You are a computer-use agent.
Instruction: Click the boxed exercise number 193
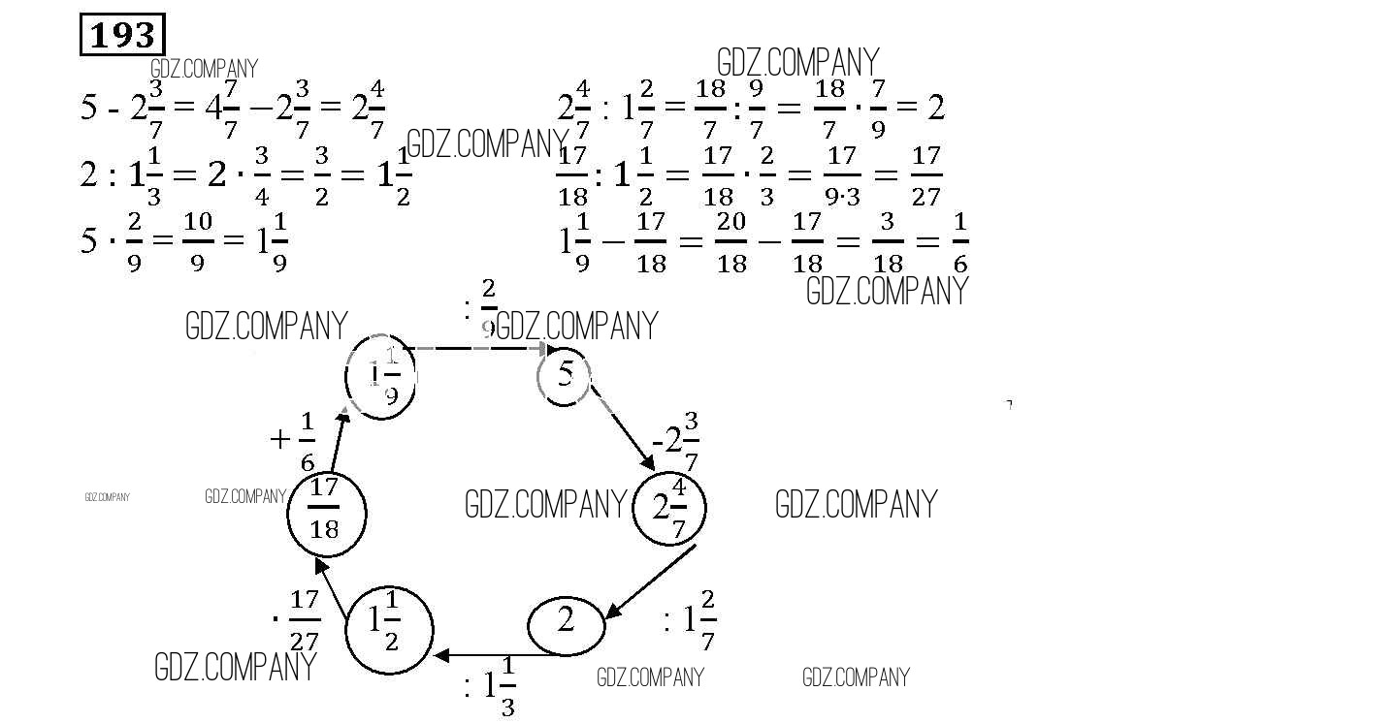122,36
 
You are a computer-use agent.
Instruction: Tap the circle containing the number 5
566,376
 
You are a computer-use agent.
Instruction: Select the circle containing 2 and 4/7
669,508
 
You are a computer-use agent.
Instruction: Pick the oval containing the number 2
567,622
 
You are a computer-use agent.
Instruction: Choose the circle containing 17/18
326,514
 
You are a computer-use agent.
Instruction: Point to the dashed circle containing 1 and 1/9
383,378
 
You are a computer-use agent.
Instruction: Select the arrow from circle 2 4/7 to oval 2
650,582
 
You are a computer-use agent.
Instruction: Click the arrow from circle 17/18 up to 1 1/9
338,441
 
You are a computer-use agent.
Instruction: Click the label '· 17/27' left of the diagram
298,620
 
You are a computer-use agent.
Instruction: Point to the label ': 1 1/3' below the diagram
491,687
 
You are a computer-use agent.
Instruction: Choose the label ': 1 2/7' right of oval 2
690,619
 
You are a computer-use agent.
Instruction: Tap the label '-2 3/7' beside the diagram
676,442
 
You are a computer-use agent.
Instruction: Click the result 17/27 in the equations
926,175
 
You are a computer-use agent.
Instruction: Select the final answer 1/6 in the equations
959,242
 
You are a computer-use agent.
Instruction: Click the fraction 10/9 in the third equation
197,241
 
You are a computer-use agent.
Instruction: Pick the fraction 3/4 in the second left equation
264,175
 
